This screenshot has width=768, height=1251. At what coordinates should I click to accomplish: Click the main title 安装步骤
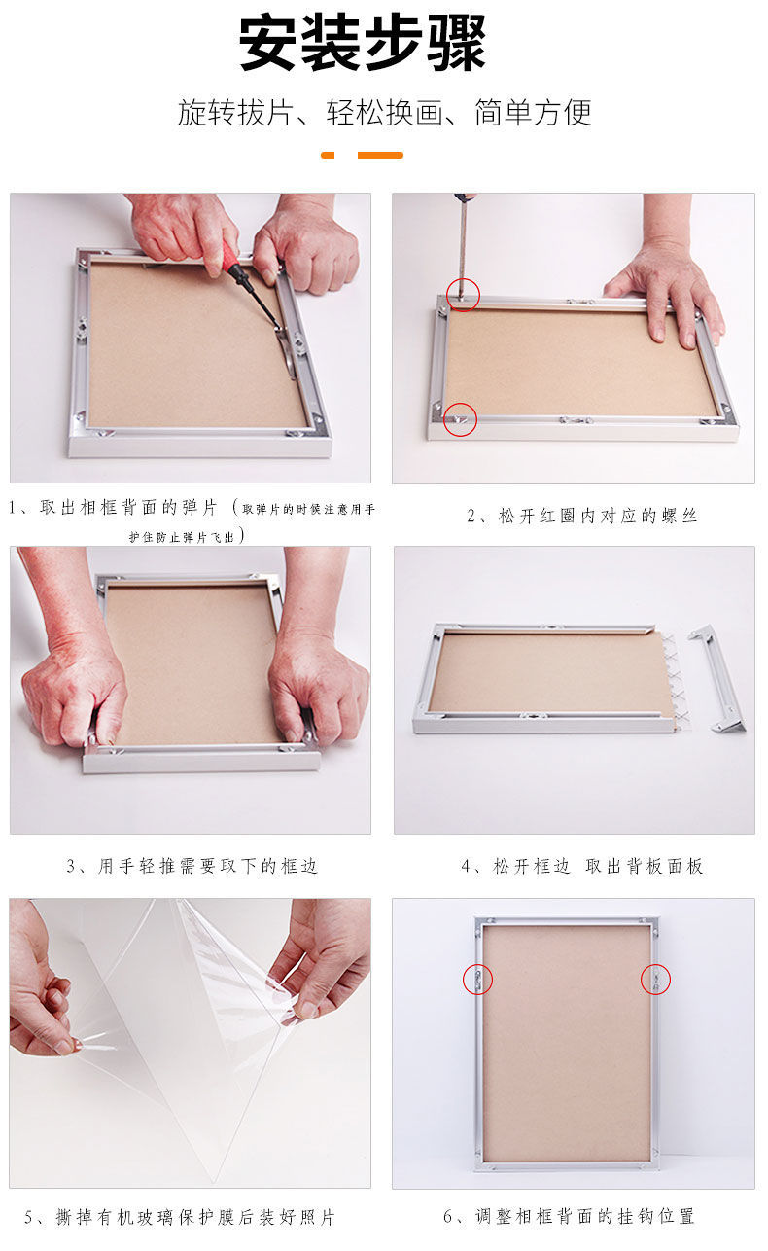tap(363, 43)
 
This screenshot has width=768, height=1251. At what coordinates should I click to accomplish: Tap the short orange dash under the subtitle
tap(328, 155)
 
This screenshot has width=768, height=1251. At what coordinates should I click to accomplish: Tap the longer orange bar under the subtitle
tap(380, 155)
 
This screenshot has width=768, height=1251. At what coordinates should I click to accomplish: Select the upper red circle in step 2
tap(464, 294)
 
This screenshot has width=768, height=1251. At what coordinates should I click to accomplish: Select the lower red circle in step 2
tap(461, 419)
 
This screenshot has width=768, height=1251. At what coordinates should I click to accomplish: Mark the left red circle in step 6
tap(477, 979)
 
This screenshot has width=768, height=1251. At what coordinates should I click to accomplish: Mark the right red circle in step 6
tap(655, 979)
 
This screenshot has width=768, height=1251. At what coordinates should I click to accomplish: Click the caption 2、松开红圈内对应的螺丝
tap(582, 516)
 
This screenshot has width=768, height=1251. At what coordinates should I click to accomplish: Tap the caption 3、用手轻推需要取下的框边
tap(192, 866)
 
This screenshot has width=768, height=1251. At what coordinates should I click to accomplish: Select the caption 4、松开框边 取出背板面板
tap(581, 866)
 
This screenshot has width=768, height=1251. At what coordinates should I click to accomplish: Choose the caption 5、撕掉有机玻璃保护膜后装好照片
tap(180, 1217)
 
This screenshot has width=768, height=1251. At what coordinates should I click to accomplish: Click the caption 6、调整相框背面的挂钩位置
tap(569, 1216)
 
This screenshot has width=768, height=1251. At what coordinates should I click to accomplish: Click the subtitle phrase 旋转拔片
tap(235, 112)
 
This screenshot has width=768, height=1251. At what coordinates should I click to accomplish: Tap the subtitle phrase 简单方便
tap(533, 112)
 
